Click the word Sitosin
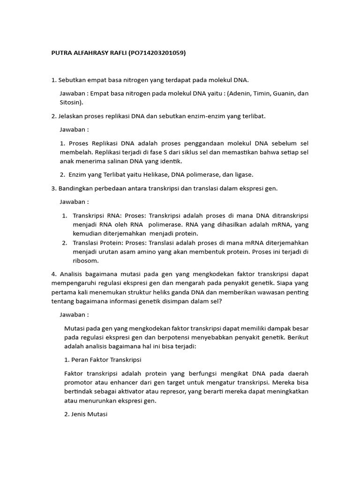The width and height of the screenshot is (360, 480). point(71,102)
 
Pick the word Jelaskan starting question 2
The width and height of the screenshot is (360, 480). point(72,116)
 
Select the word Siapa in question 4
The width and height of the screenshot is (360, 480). point(287,283)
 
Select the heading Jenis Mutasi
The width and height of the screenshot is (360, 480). point(93,414)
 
